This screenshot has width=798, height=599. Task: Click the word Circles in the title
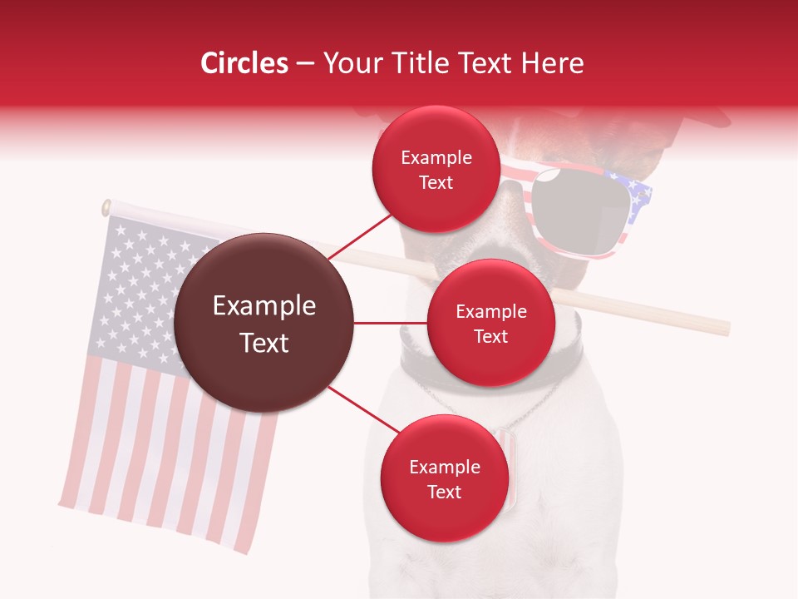pos(244,63)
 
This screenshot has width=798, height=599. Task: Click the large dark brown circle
pos(264,323)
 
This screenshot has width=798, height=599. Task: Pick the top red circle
pos(436,170)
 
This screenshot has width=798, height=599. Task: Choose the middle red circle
pos(490,324)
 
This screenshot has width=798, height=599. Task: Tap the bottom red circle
pos(444,479)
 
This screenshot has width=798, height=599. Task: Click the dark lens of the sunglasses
pos(574,211)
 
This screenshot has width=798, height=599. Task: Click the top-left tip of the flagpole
pos(107,207)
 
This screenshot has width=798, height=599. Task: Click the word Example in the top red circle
pos(436,158)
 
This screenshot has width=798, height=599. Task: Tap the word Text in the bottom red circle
pos(444,492)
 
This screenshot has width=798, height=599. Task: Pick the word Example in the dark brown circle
pos(264,306)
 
